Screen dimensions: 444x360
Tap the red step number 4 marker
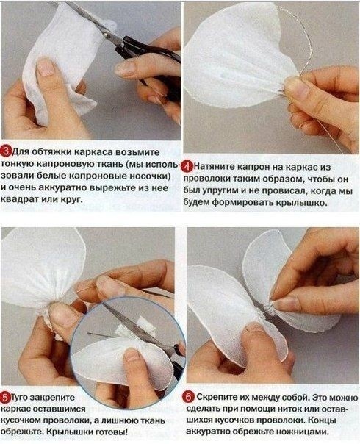188,166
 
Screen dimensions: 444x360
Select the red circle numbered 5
7,397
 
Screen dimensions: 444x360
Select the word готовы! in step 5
110,432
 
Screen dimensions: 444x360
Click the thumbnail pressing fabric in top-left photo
46,68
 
